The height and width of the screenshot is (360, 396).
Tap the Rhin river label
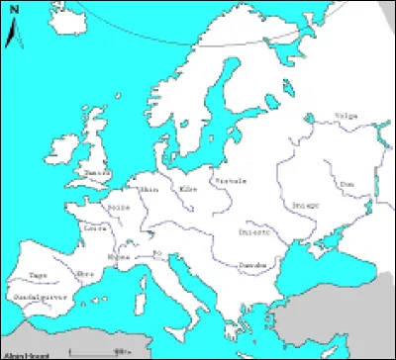coord(150,190)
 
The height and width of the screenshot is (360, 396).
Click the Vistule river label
coord(231,181)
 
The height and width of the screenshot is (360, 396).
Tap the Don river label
coord(346,183)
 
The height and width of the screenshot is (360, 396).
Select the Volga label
coord(346,115)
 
